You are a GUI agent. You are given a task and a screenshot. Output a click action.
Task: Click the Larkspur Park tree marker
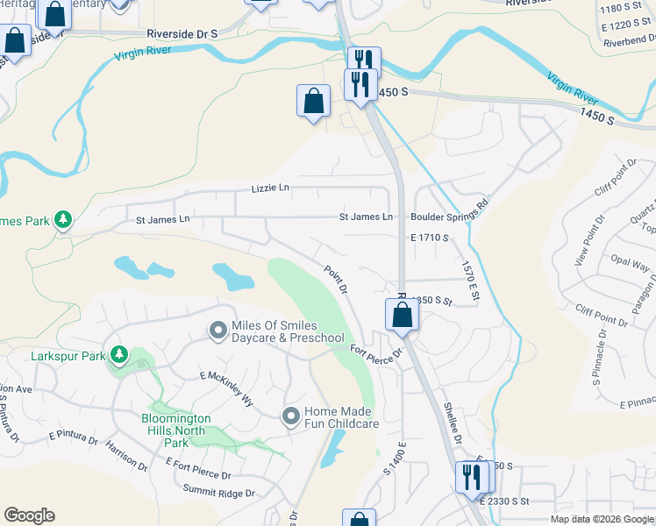119,356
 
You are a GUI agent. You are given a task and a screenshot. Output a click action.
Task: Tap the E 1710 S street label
429,238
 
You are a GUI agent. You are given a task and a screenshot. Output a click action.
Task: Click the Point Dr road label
336,280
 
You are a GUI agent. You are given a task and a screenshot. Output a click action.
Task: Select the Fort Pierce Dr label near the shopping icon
375,352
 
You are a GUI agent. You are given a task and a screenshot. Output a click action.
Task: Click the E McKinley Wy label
226,389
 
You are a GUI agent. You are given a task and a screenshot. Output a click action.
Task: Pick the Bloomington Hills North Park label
174,430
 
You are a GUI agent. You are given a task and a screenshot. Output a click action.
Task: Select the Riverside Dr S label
182,32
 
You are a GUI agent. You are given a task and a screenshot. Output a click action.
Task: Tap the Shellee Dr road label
452,424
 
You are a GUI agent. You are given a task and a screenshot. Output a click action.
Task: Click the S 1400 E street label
392,458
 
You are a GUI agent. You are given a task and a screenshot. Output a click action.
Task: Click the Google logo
29,515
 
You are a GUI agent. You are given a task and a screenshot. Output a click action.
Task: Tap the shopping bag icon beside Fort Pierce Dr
401,316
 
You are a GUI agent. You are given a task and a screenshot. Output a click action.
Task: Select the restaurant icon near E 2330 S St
471,478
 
